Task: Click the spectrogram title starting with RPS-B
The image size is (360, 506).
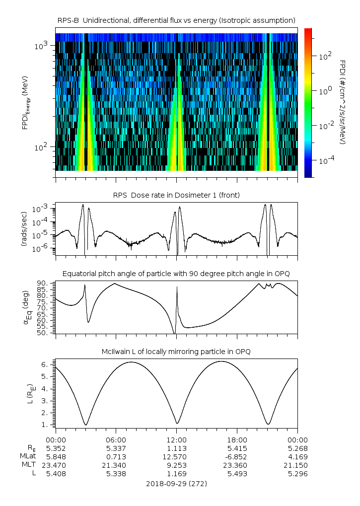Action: [x=177, y=20]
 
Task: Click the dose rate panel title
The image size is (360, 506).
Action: [x=177, y=195]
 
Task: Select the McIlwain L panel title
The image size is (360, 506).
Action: [x=177, y=352]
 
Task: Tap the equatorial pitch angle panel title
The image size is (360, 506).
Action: [x=177, y=274]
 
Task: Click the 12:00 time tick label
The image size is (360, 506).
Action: [x=177, y=439]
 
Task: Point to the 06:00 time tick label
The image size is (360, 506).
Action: [x=116, y=439]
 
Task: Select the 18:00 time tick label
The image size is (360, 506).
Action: [x=237, y=439]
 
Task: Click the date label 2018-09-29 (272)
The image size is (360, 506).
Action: [x=177, y=483]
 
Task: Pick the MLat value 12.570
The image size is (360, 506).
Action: [x=177, y=456]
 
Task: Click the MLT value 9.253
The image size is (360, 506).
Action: [x=177, y=465]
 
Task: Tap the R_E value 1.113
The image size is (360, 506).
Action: [x=177, y=448]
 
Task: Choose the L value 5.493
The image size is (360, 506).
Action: [x=237, y=473]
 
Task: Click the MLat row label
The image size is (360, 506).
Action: [x=28, y=456]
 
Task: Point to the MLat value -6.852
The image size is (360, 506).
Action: [x=236, y=456]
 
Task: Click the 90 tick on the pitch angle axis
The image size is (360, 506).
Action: [x=42, y=284]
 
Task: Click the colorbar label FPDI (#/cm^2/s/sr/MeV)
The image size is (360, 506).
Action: [x=343, y=102]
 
